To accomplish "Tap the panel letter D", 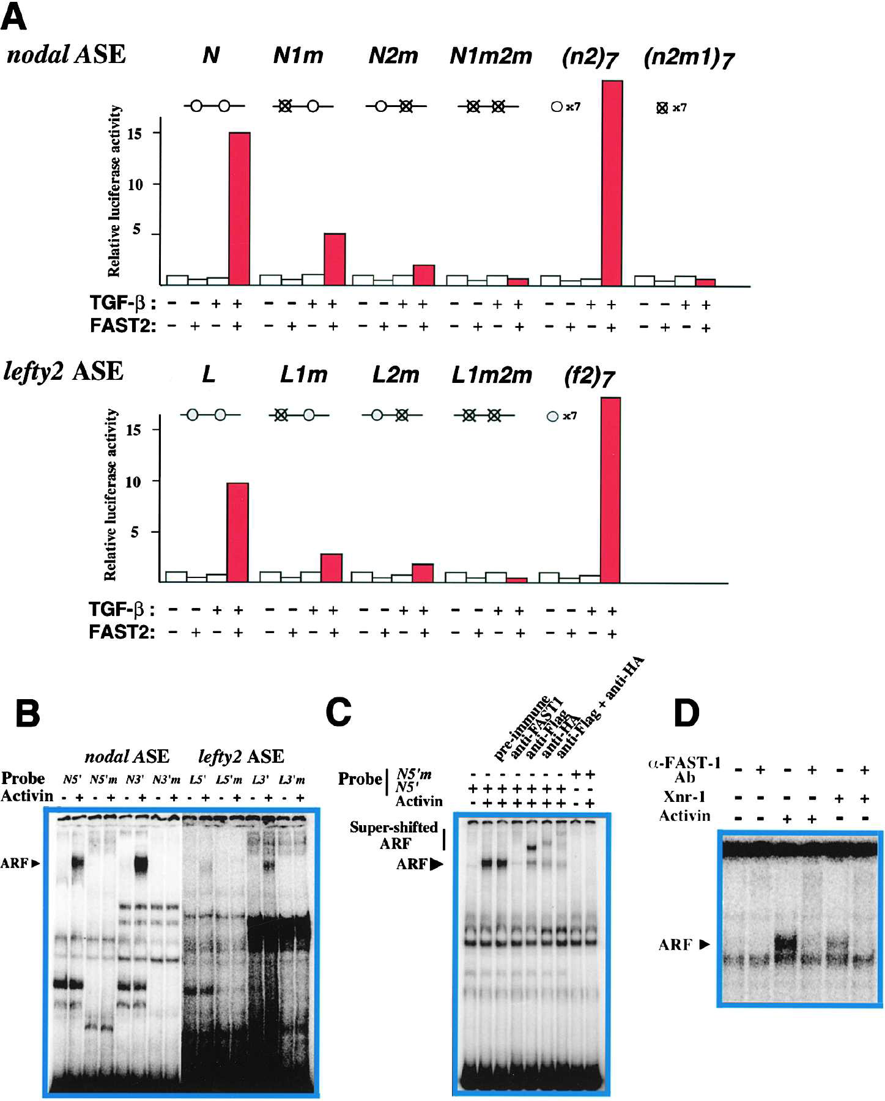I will click(686, 713).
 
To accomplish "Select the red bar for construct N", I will click(239, 208).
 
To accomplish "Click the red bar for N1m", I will click(335, 259).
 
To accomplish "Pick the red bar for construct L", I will click(237, 532).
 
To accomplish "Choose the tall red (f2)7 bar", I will click(610, 489).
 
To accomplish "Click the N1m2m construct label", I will click(491, 56).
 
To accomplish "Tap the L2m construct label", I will click(395, 375).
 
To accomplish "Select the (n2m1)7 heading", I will click(689, 59).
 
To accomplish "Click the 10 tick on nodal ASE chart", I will click(135, 185).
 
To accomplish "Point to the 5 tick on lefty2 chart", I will click(135, 532).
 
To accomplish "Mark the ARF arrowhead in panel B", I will click(35, 864).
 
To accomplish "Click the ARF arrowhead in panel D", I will click(705, 944).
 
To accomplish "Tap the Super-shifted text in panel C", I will click(393, 828).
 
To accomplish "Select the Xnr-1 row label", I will click(684, 797).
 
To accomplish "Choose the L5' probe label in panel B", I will click(197, 780).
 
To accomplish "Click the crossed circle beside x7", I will click(662, 108).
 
